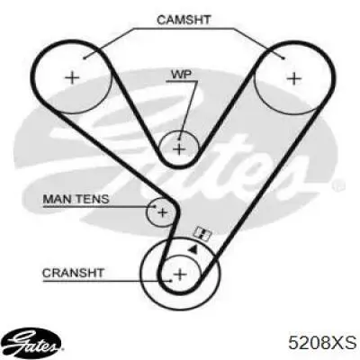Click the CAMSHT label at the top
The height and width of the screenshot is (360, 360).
click(x=184, y=20)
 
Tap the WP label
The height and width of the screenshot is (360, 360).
click(x=181, y=75)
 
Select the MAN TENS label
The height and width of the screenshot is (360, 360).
click(x=76, y=199)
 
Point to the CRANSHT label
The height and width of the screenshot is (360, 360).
click(x=73, y=273)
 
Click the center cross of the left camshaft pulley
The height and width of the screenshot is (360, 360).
click(x=72, y=78)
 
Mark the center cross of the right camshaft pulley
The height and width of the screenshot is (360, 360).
click(x=294, y=78)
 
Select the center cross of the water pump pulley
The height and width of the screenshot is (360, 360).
click(x=179, y=149)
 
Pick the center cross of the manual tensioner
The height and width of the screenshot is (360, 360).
click(x=162, y=213)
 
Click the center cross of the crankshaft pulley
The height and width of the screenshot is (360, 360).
click(x=181, y=274)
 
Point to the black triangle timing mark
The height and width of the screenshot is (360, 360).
click(x=193, y=248)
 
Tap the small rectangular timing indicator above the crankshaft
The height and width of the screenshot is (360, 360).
click(x=202, y=233)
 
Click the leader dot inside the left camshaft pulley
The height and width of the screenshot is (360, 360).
click(x=85, y=58)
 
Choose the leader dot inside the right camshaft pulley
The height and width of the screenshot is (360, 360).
click(x=283, y=58)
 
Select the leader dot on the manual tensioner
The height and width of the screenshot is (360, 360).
click(x=155, y=206)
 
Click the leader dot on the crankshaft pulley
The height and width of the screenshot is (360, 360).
click(x=170, y=281)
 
